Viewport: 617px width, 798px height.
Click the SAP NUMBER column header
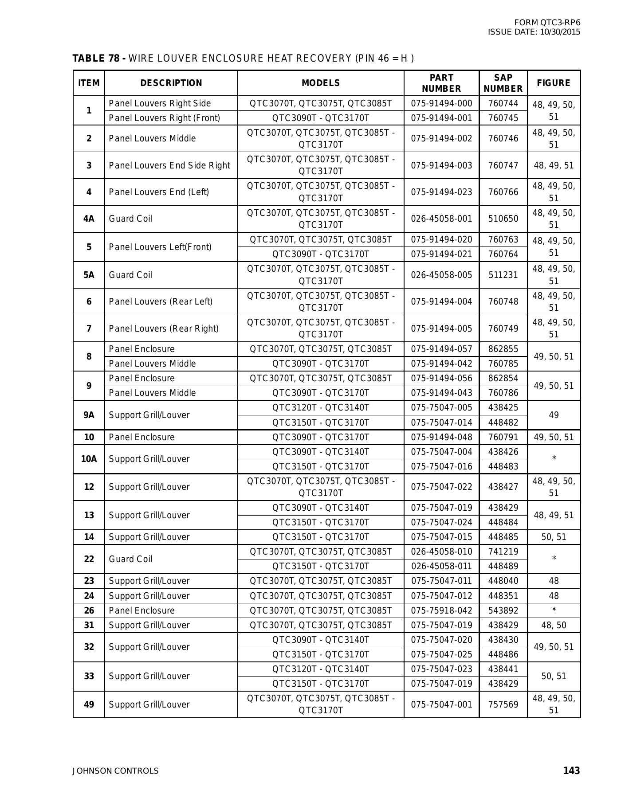[503, 83]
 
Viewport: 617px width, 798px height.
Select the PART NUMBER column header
[441, 83]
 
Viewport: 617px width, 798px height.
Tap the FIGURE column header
[554, 83]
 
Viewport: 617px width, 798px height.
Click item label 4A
[89, 219]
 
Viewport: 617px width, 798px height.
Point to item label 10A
[89, 459]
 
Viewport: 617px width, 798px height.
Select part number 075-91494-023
[441, 192]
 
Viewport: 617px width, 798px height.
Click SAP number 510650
[503, 219]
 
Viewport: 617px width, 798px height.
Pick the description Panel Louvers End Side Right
[169, 165]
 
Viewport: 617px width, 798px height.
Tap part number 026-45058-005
[441, 275]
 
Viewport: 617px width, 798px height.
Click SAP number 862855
[503, 349]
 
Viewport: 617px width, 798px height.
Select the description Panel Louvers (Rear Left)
[161, 301]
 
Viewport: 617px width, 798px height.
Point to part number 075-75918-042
[441, 610]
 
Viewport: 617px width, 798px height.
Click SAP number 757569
[503, 704]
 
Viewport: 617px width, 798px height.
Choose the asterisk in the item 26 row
[554, 610]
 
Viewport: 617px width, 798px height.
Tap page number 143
[571, 771]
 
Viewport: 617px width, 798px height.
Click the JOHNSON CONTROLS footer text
[115, 771]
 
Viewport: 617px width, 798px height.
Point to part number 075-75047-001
[441, 704]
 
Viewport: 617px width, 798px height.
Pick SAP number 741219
[503, 552]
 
